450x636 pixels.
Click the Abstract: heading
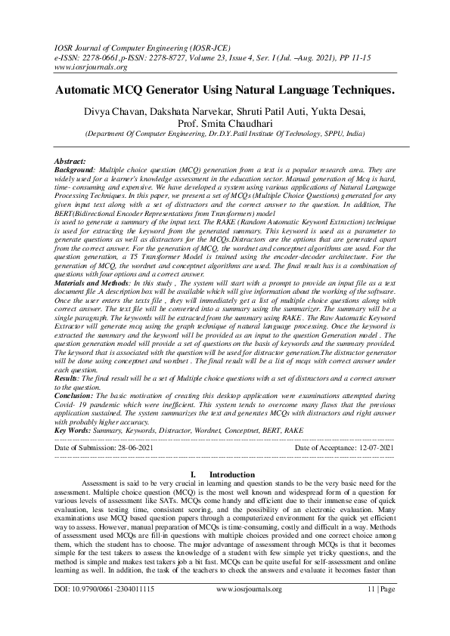(70, 162)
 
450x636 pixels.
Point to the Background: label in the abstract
(76, 171)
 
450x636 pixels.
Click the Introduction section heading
(231, 474)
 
